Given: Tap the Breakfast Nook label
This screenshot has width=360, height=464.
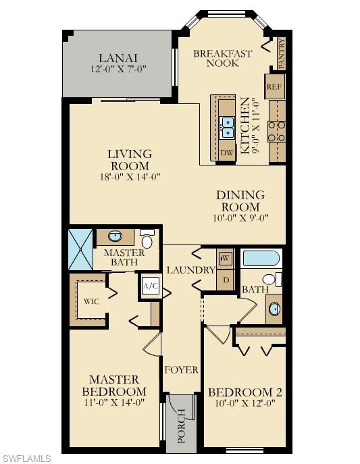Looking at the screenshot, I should click(x=223, y=59).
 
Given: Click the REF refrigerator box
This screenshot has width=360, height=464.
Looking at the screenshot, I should click(x=274, y=86).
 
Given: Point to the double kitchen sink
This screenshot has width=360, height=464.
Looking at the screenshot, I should click(x=228, y=126).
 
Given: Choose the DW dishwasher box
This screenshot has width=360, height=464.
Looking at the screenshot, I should click(x=228, y=152).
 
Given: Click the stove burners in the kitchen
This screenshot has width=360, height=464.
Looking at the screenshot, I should click(x=276, y=130).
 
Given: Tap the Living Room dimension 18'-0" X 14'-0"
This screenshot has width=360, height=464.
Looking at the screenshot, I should click(x=130, y=177).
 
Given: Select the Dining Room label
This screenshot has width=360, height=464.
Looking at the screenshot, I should click(x=240, y=201).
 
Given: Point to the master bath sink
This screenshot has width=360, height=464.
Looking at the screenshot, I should click(x=115, y=236).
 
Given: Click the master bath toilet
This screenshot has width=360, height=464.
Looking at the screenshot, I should click(x=147, y=239).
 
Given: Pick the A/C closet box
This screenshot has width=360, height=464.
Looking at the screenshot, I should click(x=150, y=286).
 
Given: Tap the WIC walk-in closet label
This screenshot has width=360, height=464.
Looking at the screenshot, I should click(x=92, y=301).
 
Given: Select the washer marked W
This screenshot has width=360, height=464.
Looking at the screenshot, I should click(x=225, y=258).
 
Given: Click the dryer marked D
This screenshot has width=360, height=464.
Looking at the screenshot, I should click(x=225, y=280).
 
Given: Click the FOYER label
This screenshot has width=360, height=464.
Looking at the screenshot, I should click(x=182, y=369).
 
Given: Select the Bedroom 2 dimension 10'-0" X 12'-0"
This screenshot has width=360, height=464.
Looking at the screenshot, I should click(x=241, y=403).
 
